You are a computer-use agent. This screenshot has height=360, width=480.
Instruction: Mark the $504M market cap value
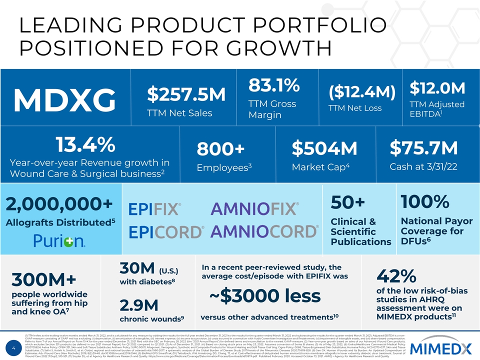[x=324, y=148]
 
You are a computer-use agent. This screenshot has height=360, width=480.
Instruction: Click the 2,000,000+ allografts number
[x=59, y=204]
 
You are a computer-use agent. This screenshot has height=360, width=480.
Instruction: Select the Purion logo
[x=59, y=241]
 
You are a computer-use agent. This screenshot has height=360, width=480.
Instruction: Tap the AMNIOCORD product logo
[x=264, y=231]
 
